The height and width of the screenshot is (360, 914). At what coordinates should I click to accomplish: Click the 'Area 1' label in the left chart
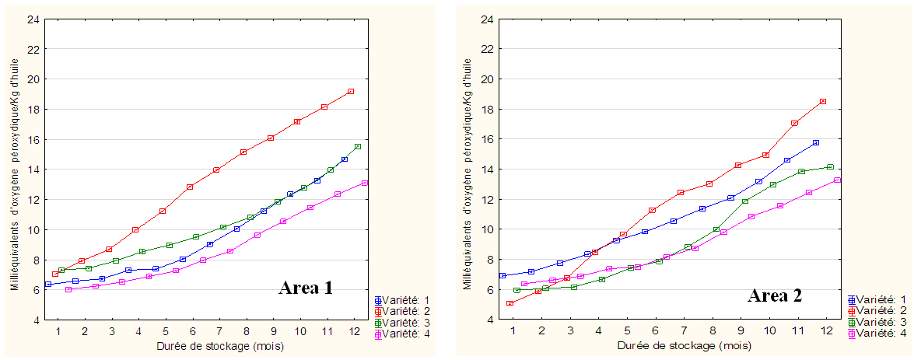(x=306, y=288)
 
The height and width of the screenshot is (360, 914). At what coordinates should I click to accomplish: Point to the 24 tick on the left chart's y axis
(x=31, y=19)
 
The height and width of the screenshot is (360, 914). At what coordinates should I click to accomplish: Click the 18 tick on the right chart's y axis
(x=485, y=109)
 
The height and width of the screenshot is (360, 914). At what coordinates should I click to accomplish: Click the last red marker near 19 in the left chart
(x=351, y=92)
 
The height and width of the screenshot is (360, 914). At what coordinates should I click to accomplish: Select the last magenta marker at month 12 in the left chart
(x=364, y=183)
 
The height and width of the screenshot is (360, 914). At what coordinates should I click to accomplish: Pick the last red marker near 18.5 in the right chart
(x=823, y=101)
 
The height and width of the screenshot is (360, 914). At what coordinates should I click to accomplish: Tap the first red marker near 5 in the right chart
(x=510, y=303)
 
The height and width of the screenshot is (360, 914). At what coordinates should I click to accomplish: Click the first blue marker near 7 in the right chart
(x=503, y=275)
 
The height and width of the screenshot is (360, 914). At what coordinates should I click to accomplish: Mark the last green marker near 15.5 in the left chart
(x=358, y=146)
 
